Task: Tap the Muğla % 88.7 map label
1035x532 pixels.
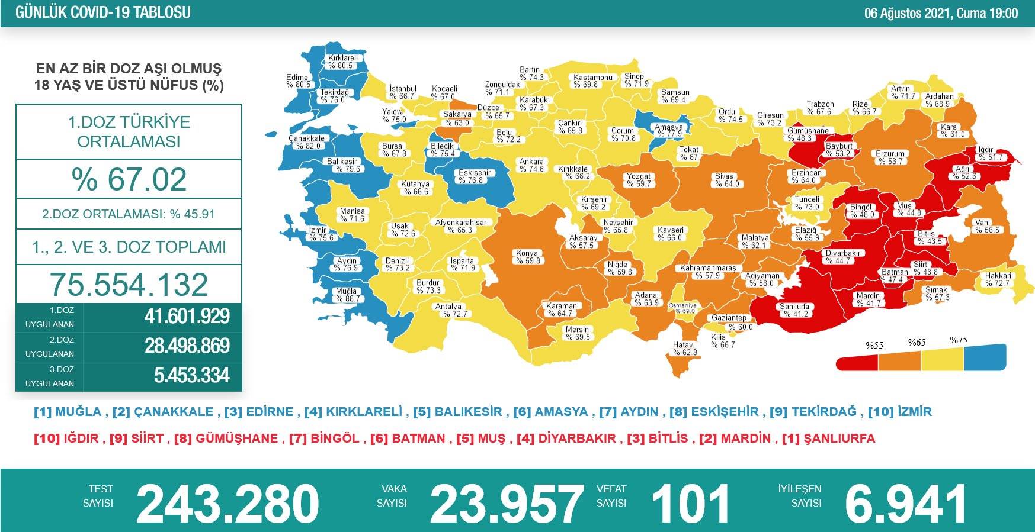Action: (347, 295)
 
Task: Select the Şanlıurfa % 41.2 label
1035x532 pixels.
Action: (794, 310)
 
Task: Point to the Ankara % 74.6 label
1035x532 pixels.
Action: (531, 165)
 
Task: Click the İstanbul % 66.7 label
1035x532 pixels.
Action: (402, 92)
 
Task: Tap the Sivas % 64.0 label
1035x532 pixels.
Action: (724, 180)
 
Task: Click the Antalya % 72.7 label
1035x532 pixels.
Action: (450, 310)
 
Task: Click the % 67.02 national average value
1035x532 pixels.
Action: (129, 179)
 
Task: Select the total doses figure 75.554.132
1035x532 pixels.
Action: (129, 285)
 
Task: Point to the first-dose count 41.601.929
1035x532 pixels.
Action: (187, 317)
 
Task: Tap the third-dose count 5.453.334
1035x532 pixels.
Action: (191, 376)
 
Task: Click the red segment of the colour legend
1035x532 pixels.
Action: (857, 361)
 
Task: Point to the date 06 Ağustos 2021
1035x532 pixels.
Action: (906, 13)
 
